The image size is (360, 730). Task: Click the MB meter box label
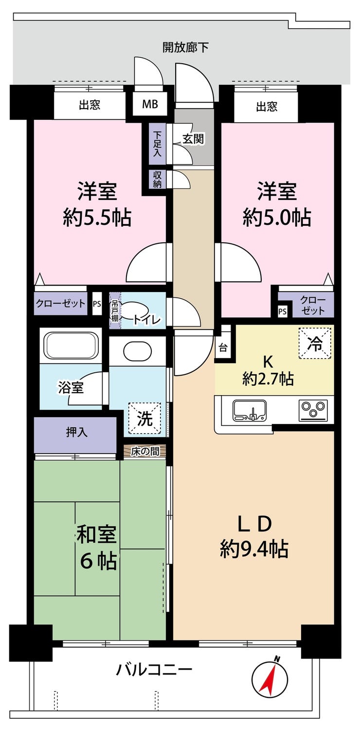[150, 104]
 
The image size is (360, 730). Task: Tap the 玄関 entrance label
[193, 139]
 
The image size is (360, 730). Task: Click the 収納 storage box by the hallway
[157, 179]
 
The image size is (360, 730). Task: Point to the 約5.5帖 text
[97, 218]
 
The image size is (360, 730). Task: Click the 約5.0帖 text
[277, 218]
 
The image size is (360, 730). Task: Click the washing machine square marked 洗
[144, 419]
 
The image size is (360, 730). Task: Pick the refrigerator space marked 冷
[315, 343]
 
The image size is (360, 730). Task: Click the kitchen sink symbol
[250, 410]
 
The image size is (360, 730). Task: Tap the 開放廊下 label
[185, 48]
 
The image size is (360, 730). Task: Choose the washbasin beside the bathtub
[138, 350]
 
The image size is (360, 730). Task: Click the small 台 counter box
[223, 348]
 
